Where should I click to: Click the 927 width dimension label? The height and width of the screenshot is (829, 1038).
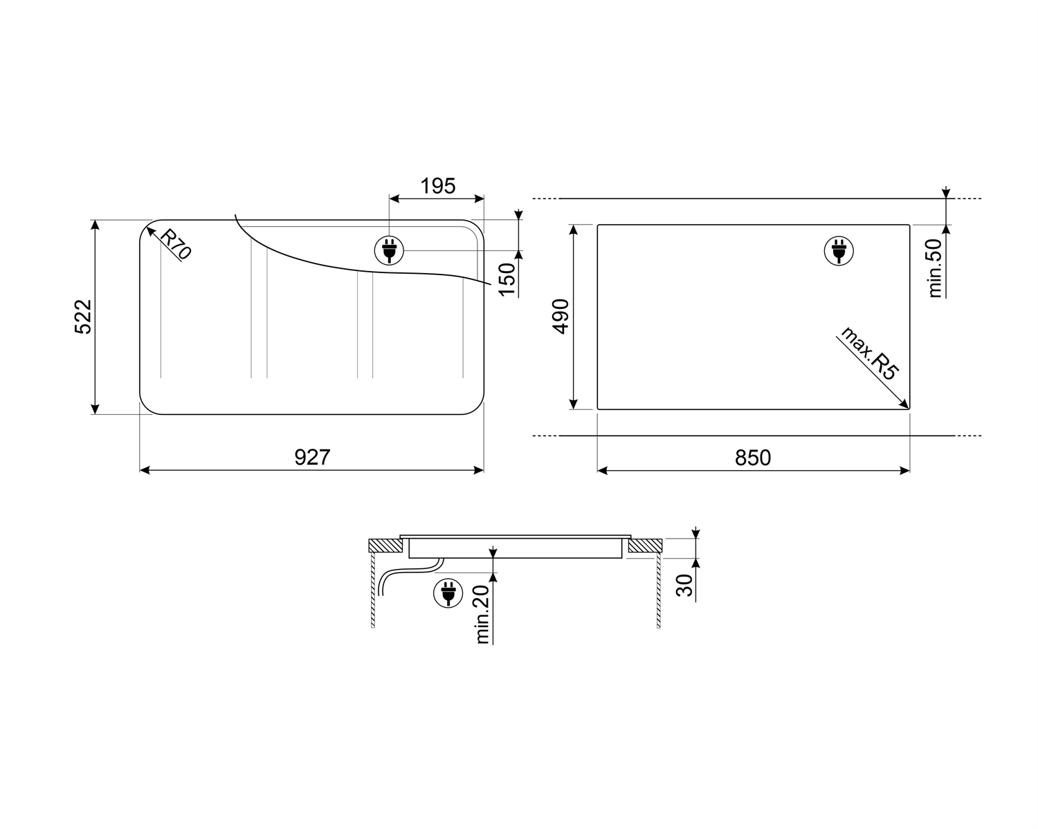pos(312,457)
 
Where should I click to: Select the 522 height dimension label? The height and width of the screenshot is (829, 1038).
pos(83,317)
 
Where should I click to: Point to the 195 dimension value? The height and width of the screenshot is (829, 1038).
pos(438,186)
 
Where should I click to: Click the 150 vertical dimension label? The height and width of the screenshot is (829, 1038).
pos(507,279)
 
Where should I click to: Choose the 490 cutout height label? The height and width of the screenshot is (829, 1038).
pos(561,316)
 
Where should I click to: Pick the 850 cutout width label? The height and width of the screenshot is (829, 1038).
pos(753,458)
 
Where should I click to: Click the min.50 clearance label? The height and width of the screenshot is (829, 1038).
pos(936,268)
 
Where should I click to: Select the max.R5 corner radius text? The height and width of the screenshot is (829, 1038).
pos(870,353)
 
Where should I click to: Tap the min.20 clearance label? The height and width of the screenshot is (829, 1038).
pos(482,615)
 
